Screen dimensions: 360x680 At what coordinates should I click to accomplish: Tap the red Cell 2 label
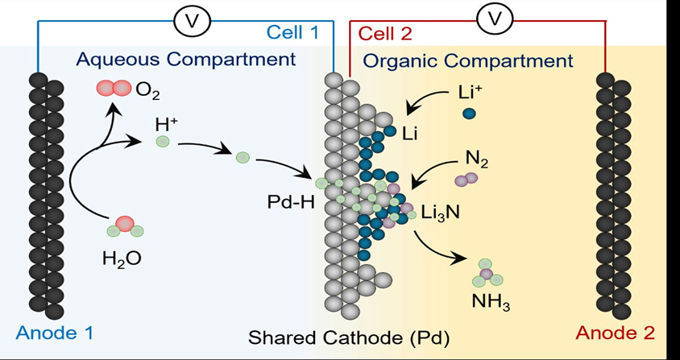pyautogui.click(x=384, y=34)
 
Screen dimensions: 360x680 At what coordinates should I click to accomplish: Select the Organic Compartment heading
pyautogui.click(x=469, y=60)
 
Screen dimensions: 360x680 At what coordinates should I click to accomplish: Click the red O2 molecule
pyautogui.click(x=114, y=89)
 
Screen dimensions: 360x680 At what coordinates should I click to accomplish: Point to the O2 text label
pyautogui.click(x=147, y=91)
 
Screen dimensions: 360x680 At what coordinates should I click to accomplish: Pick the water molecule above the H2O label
pyautogui.click(x=125, y=227)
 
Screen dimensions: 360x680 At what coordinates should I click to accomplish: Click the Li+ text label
pyautogui.click(x=470, y=92)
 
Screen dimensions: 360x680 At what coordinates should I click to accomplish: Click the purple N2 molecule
pyautogui.click(x=466, y=179)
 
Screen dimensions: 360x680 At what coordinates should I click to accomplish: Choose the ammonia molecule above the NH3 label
pyautogui.click(x=487, y=273)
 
